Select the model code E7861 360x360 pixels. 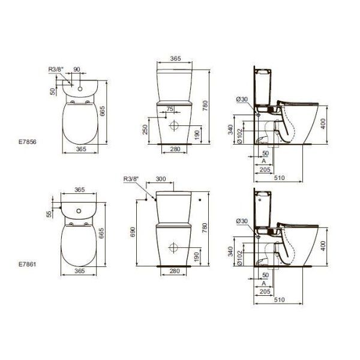pos(29,262)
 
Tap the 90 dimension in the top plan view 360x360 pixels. pos(76,70)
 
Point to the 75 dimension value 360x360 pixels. pos(170,109)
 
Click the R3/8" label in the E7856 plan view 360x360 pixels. pos(56,70)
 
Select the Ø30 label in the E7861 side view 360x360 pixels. pos(242,221)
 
